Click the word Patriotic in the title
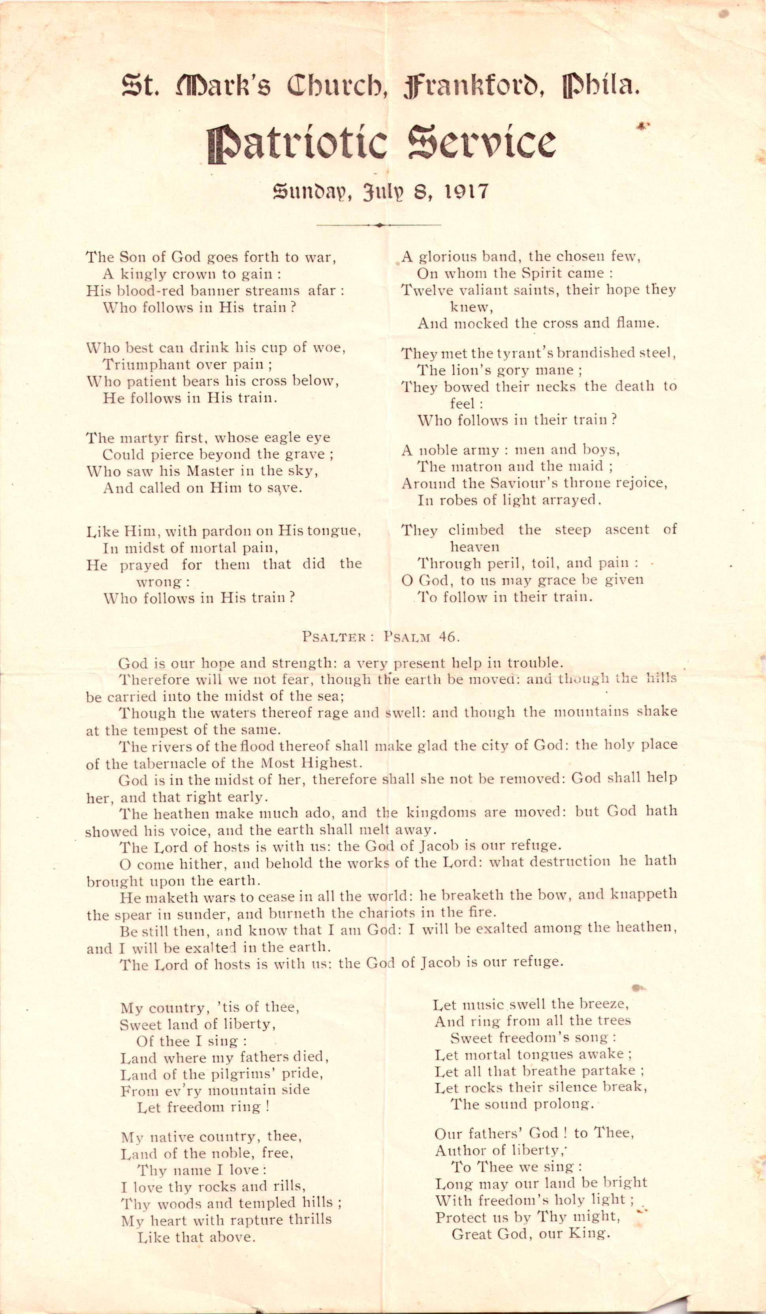pyautogui.click(x=297, y=143)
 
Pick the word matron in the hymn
pyautogui.click(x=471, y=466)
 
